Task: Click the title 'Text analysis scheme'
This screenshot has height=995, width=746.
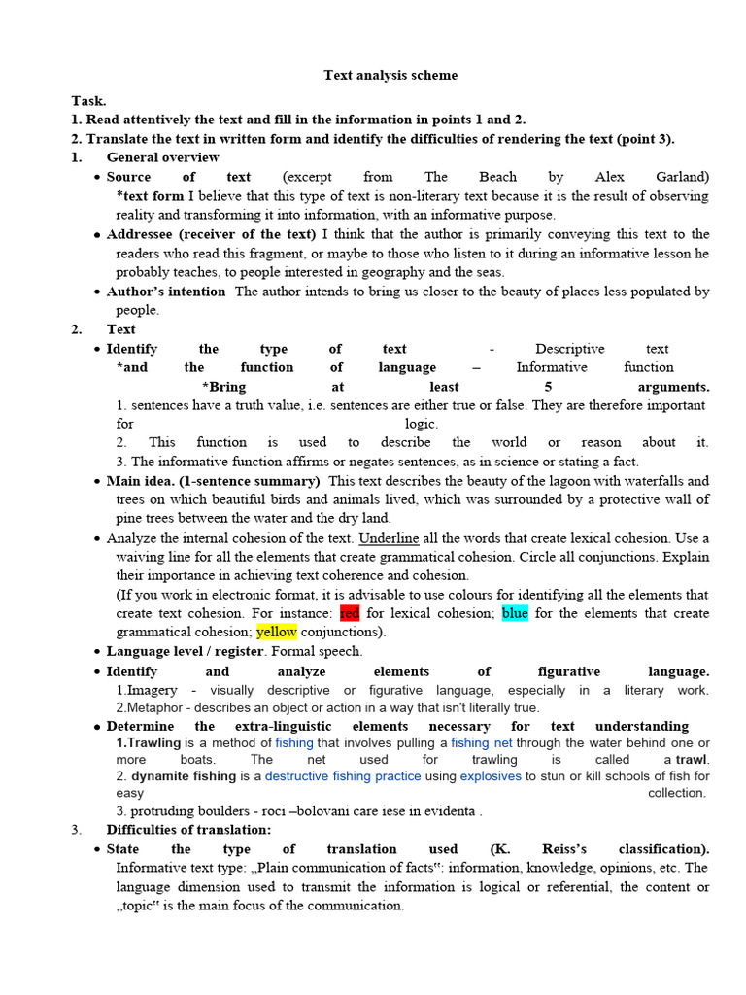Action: (390, 75)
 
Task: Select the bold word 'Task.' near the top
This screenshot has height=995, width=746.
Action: (88, 100)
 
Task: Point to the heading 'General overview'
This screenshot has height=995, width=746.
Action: (162, 157)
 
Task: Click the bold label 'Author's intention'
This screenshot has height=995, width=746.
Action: (165, 292)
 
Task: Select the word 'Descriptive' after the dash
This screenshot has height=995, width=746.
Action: (569, 349)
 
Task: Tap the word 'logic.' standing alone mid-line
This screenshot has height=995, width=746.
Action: (422, 424)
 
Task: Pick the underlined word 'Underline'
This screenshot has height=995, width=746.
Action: (389, 538)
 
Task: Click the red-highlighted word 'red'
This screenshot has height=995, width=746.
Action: (350, 613)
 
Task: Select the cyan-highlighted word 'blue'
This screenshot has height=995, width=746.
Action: (515, 613)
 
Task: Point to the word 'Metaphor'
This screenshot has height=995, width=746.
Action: (155, 706)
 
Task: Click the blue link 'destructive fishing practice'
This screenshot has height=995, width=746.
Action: (343, 776)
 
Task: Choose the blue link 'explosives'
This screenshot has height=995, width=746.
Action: (491, 776)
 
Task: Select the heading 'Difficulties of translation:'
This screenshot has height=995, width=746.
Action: (188, 830)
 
